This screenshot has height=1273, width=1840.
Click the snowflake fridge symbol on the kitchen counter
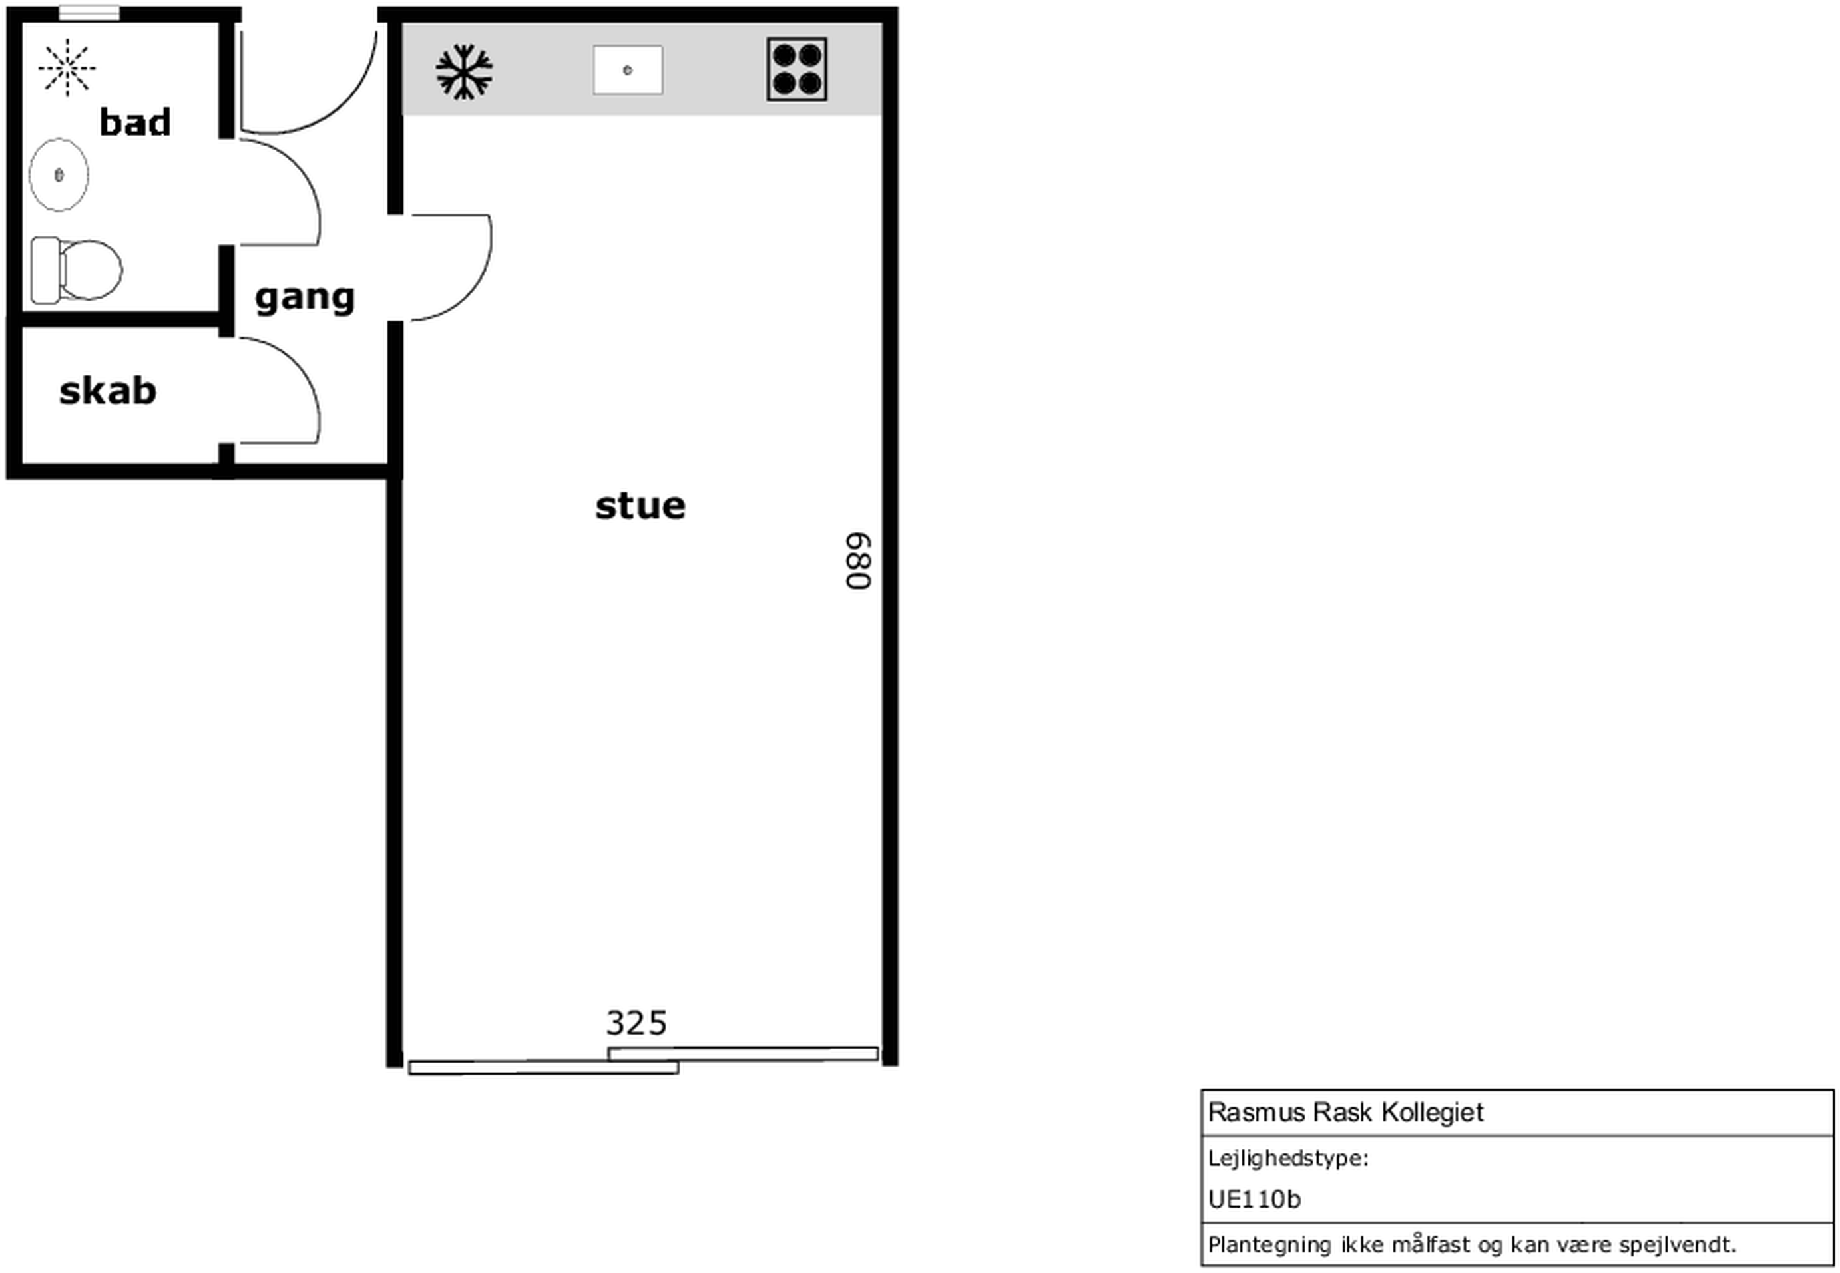click(465, 72)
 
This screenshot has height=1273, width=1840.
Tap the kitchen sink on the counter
click(628, 70)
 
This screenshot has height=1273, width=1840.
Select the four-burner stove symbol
click(796, 69)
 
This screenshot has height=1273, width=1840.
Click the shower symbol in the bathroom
click(67, 68)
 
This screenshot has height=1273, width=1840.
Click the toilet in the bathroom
click(77, 270)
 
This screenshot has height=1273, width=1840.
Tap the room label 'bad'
click(135, 122)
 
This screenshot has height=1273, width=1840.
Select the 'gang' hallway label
click(305, 298)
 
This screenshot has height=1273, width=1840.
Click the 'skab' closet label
click(108, 390)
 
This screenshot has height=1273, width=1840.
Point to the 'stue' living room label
click(640, 506)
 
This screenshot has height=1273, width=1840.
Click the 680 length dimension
click(859, 562)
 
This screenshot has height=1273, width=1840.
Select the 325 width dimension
click(636, 1023)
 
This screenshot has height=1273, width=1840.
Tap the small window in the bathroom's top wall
click(89, 13)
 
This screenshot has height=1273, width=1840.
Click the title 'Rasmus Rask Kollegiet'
click(1345, 1112)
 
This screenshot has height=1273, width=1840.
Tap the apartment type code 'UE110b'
click(1254, 1200)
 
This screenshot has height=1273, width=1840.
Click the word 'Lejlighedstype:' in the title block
click(1288, 1158)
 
